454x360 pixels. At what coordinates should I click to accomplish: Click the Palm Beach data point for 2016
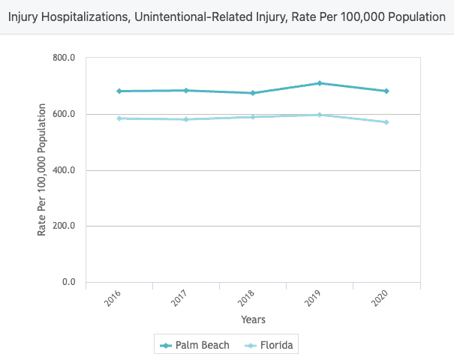pos(119,91)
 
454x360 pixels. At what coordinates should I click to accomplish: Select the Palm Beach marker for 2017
pos(185,91)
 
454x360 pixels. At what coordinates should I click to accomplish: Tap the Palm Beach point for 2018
pos(252,93)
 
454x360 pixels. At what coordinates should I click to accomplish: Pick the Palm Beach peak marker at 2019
pos(319,83)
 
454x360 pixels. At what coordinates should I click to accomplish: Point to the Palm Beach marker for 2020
pos(386,91)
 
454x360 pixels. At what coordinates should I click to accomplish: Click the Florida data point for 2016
pos(119,118)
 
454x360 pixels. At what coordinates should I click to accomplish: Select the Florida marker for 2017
pos(185,119)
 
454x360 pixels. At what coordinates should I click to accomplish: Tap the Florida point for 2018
pos(252,117)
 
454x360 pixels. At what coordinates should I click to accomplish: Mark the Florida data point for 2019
pos(319,115)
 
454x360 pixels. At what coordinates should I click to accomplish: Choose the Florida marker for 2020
pos(386,122)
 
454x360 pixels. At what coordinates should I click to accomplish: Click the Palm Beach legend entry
pos(195,346)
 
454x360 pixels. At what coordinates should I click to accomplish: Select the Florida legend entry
pos(271,346)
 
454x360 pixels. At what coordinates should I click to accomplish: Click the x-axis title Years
pos(253,319)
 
